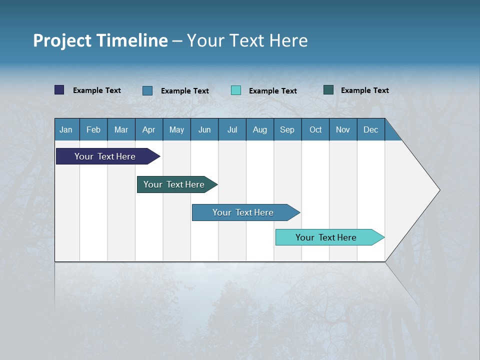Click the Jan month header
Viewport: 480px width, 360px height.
(x=66, y=129)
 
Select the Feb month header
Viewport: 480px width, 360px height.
(x=93, y=129)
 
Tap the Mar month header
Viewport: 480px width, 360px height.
(x=121, y=129)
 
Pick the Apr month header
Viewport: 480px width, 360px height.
(x=149, y=129)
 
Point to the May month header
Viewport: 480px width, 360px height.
(x=176, y=129)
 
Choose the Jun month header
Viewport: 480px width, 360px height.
(x=204, y=129)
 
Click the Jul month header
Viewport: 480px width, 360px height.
(x=232, y=129)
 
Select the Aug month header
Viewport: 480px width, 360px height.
(x=260, y=129)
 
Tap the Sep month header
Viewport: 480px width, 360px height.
(x=287, y=129)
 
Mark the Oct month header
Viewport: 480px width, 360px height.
(x=315, y=129)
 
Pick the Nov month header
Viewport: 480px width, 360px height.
(x=343, y=129)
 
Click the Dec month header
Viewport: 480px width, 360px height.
(x=371, y=129)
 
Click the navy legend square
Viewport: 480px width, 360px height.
(x=59, y=90)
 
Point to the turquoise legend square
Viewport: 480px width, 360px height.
(x=236, y=90)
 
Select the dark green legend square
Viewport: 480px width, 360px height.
(x=328, y=90)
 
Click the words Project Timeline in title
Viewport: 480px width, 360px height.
(x=100, y=40)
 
